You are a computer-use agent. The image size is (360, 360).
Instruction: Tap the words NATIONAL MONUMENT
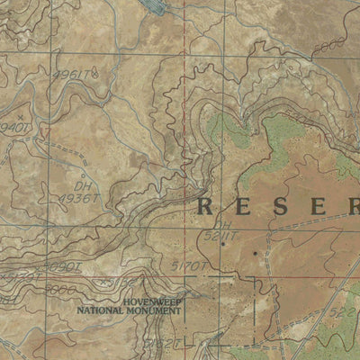pyautogui.click(x=129, y=310)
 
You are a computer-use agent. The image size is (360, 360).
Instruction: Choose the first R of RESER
pyautogui.click(x=206, y=206)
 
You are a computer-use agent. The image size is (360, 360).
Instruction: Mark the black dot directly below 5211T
pyautogui.click(x=222, y=244)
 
